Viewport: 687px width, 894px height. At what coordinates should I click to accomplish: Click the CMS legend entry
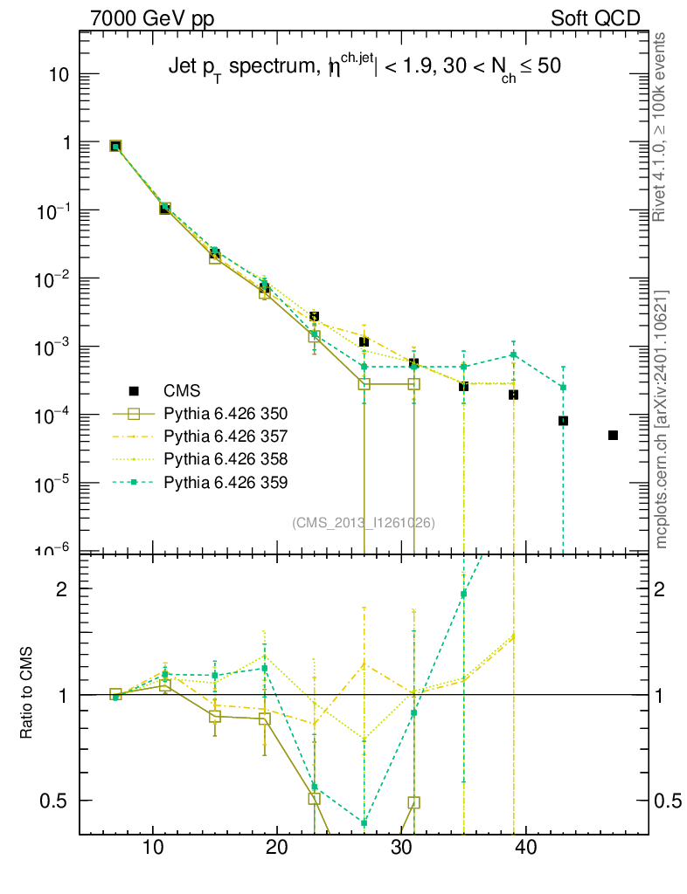[x=180, y=390]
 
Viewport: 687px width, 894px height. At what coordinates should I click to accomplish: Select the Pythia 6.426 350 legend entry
[x=226, y=413]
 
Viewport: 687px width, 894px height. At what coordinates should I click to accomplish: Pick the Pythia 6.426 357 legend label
[x=226, y=436]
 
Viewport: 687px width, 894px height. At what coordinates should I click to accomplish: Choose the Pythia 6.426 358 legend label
[x=226, y=458]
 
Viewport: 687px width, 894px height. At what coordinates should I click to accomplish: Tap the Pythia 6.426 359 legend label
[x=226, y=481]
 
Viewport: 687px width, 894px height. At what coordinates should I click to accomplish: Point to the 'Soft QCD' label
[x=595, y=18]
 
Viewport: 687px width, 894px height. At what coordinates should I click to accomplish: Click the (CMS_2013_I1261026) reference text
[x=364, y=522]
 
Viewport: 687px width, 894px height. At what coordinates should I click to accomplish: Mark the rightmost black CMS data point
[x=613, y=435]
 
